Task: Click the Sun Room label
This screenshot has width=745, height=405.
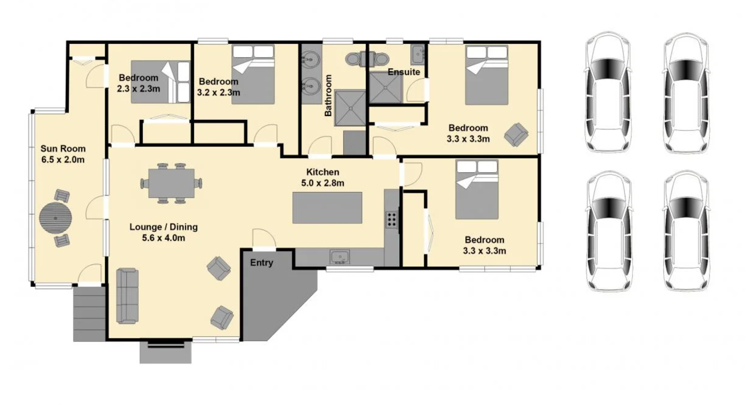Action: pyautogui.click(x=63, y=149)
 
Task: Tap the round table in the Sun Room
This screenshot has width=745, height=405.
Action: pyautogui.click(x=55, y=218)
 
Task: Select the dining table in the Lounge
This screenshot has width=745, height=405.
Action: pyautogui.click(x=171, y=183)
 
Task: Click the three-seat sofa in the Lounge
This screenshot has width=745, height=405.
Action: pyautogui.click(x=127, y=296)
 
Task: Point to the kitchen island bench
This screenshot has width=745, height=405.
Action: pyautogui.click(x=327, y=207)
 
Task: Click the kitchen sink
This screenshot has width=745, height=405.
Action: pyautogui.click(x=340, y=257)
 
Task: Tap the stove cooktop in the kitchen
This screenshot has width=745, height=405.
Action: pyautogui.click(x=391, y=220)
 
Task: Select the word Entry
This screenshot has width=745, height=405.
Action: pyautogui.click(x=262, y=263)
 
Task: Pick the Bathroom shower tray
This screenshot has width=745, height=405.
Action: pyautogui.click(x=350, y=108)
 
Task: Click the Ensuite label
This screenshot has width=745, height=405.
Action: pyautogui.click(x=404, y=72)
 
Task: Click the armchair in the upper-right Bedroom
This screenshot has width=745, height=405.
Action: pyautogui.click(x=516, y=135)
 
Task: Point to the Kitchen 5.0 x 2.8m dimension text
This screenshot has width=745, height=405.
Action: pyautogui.click(x=323, y=183)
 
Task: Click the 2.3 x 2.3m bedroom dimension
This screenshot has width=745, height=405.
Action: pyautogui.click(x=138, y=89)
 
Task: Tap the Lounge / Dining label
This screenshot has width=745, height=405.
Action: pyautogui.click(x=164, y=227)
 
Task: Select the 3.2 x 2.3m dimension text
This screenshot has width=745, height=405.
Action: pyautogui.click(x=219, y=93)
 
